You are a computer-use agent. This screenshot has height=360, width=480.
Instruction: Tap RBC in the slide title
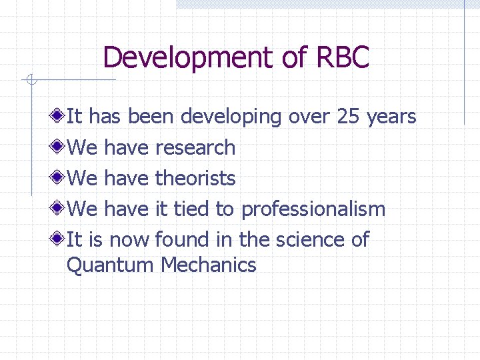(x=342, y=57)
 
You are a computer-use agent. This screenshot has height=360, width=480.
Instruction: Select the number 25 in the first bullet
(x=348, y=117)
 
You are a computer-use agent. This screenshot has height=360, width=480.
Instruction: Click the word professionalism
(x=313, y=209)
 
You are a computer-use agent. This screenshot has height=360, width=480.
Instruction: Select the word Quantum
(x=110, y=265)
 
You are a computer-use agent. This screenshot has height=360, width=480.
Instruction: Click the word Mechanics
(x=208, y=265)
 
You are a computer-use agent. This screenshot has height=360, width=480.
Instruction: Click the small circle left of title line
(x=30, y=81)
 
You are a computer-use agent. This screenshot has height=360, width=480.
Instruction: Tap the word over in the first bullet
(x=309, y=117)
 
